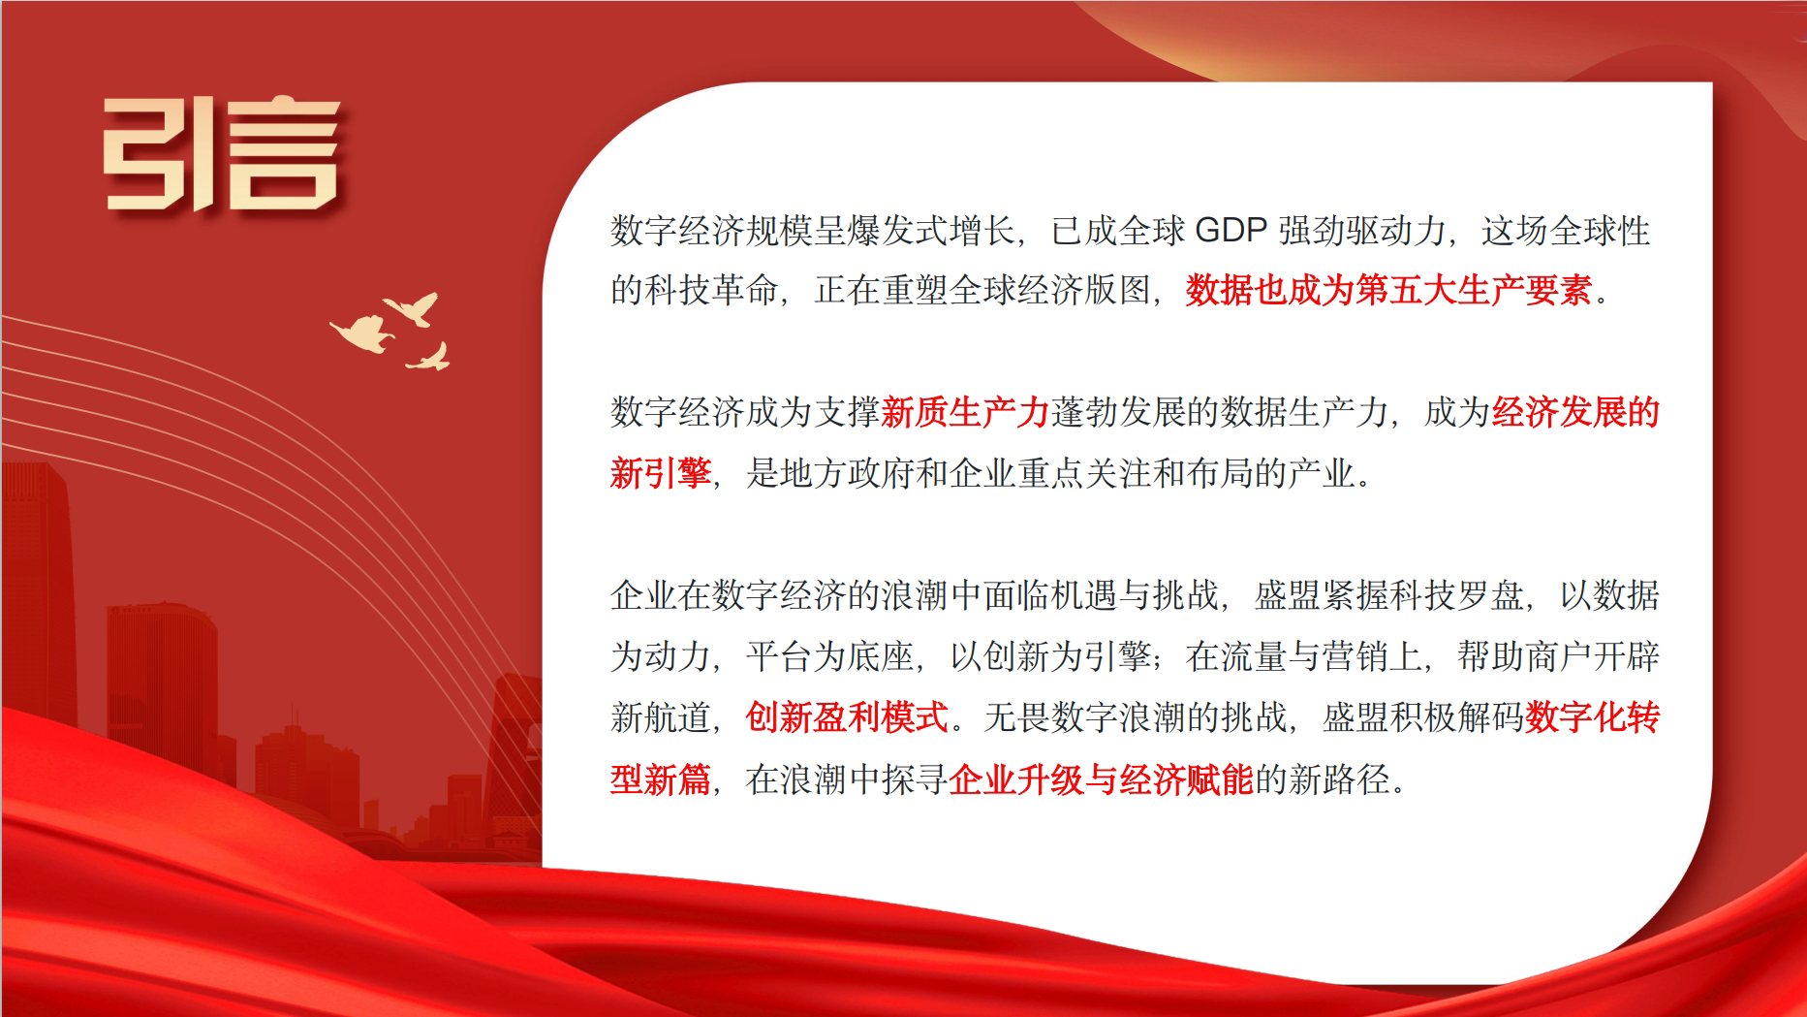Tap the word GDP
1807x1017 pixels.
coord(1231,231)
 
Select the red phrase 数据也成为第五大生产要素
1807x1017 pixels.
coord(1388,291)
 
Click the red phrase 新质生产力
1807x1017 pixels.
coord(965,413)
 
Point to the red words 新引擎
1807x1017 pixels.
coord(660,474)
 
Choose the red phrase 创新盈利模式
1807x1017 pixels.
coord(847,718)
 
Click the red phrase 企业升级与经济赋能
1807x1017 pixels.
coord(1101,779)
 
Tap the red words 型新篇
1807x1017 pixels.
coord(660,779)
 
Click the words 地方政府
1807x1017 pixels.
coord(847,474)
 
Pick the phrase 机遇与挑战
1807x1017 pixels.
coord(1135,595)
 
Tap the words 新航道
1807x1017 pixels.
coord(660,718)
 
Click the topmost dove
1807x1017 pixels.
coord(414,307)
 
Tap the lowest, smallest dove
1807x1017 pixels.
coord(430,359)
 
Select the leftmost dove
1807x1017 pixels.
coord(362,333)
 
